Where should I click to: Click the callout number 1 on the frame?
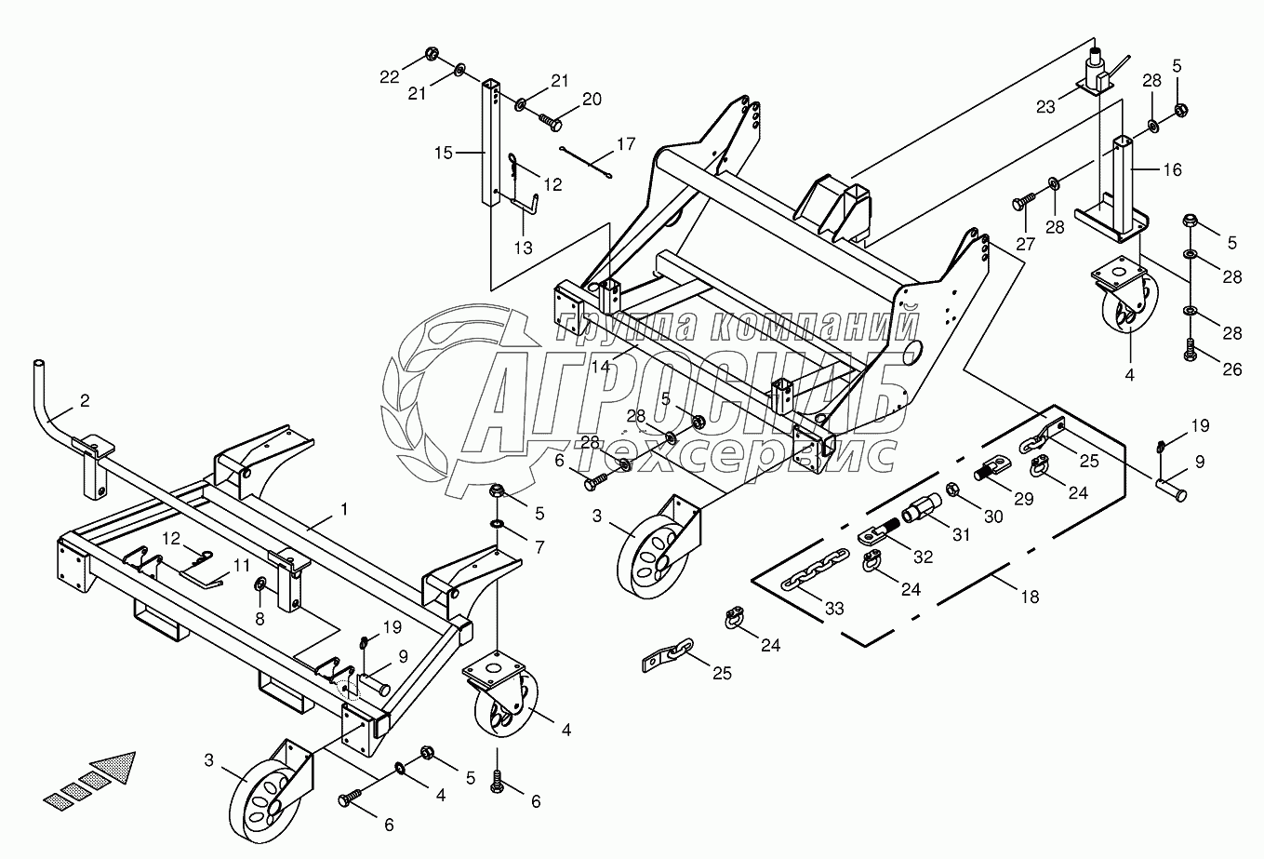point(344,510)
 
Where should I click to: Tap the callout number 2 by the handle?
point(85,401)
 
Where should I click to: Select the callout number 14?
point(602,366)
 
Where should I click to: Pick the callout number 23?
point(1045,108)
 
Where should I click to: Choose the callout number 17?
point(625,144)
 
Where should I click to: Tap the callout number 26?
point(1231,369)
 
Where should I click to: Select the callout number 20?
point(592,100)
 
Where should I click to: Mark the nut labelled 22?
point(432,53)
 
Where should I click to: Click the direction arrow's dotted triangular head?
point(118,769)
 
